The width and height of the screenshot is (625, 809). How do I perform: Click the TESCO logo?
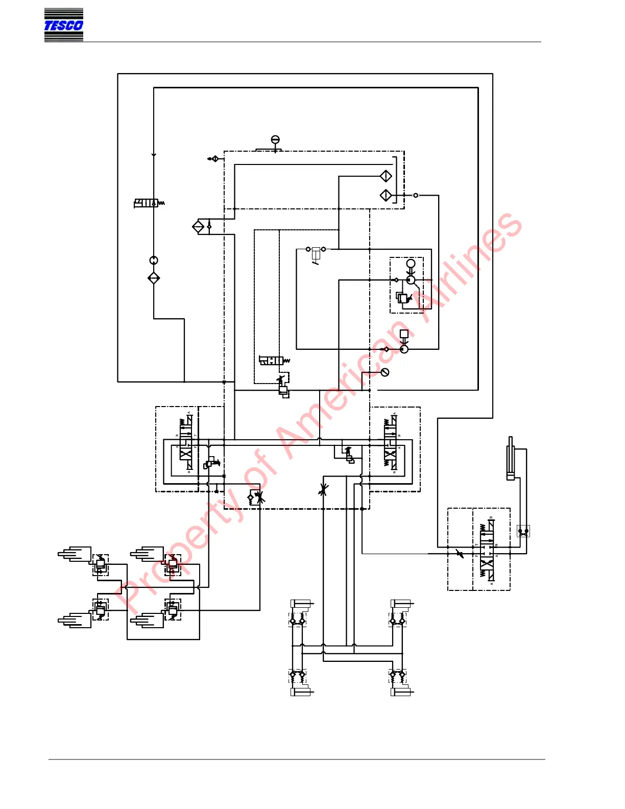click(63, 25)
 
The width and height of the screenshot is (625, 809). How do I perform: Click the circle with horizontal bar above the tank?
click(275, 140)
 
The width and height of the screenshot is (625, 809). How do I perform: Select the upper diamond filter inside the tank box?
click(386, 176)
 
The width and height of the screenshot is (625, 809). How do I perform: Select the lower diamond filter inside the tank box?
click(386, 195)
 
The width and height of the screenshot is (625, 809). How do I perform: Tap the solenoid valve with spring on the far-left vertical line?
click(147, 203)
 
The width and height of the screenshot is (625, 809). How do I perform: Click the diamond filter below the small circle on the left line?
click(154, 278)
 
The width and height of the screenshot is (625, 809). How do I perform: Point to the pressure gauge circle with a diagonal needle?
click(385, 372)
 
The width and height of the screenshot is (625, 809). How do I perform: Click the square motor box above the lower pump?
click(404, 334)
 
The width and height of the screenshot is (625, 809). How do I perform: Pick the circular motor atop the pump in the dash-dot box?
click(411, 264)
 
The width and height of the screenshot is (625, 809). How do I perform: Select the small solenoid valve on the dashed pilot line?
click(272, 361)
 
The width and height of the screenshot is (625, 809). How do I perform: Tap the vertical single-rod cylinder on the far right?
click(510, 459)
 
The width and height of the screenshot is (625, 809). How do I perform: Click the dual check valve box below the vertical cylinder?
click(523, 531)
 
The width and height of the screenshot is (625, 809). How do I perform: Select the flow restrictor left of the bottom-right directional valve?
click(460, 554)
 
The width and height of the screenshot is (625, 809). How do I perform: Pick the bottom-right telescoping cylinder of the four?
click(148, 621)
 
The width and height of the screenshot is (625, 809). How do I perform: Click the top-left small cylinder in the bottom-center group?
click(301, 605)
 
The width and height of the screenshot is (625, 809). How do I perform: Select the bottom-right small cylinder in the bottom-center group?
click(401, 692)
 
